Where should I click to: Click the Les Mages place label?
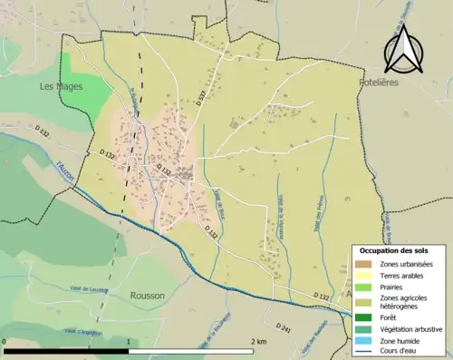tap(62, 86)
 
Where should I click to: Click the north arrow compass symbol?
tap(403, 50)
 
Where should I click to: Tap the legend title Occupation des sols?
tap(395, 249)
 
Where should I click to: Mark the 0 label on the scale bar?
tap(5, 342)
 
